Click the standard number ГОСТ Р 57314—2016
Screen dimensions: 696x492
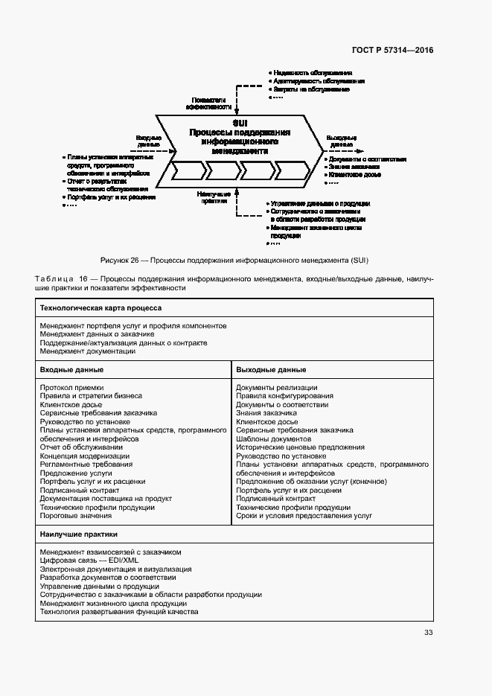[x=392, y=51]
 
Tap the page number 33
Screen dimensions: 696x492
[x=428, y=633]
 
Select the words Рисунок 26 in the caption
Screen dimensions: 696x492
[x=118, y=261]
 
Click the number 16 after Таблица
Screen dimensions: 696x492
[x=83, y=278]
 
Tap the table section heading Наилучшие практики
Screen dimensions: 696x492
[x=78, y=534]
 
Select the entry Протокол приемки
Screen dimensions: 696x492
[x=71, y=387]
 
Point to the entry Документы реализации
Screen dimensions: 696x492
[x=277, y=387]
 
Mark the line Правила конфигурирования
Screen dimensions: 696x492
[x=284, y=396]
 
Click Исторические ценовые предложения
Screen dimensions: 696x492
[x=300, y=447]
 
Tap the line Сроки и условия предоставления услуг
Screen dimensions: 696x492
[x=304, y=516]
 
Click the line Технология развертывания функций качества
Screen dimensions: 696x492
[x=119, y=612]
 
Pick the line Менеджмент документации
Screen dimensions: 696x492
[x=88, y=351]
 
